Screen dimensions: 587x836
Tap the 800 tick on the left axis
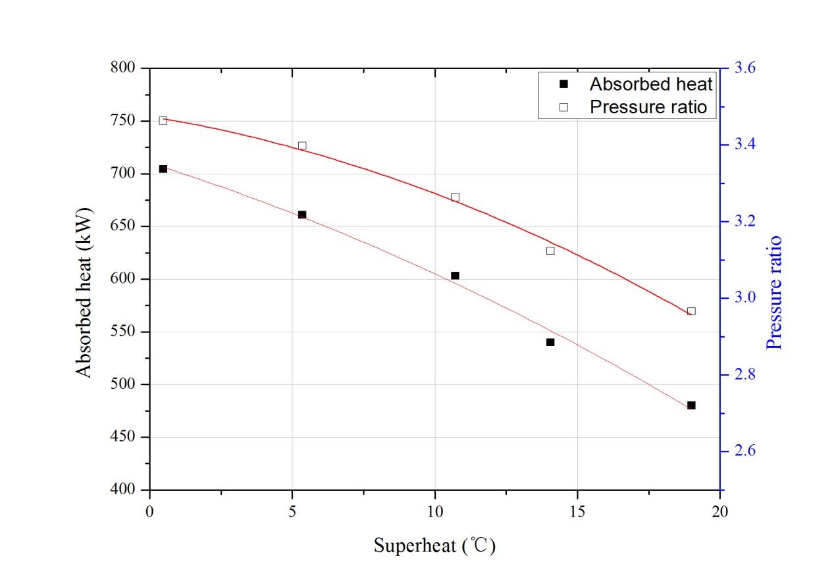pos(122,68)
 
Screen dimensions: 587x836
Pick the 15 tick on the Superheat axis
pos(577,512)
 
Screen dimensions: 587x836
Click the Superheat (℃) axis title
pos(434,546)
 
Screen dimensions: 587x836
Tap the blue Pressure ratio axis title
pos(776,292)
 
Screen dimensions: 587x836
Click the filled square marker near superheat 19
pos(691,405)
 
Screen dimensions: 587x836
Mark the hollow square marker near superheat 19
pos(691,311)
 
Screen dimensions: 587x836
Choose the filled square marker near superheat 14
pos(550,342)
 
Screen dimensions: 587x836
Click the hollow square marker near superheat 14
pos(550,251)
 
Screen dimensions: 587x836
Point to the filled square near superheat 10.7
pos(455,276)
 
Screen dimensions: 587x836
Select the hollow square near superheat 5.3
pos(302,146)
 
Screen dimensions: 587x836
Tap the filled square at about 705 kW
pos(163,169)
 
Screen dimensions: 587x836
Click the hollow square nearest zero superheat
pos(163,120)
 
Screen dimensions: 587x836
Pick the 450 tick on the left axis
pos(122,437)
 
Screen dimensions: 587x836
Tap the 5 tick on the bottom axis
pos(292,512)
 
